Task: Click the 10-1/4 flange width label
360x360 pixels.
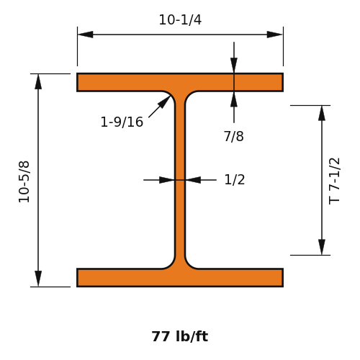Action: (180, 19)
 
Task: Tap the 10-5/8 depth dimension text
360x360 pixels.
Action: (24, 182)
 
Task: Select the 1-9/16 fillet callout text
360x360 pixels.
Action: (122, 122)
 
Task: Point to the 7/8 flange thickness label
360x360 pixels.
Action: (234, 136)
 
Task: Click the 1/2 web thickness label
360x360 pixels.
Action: (235, 179)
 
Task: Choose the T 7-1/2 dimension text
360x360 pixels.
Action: (334, 181)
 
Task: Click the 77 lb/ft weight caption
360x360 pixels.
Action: (180, 336)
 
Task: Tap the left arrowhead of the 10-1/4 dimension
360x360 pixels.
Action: (86, 35)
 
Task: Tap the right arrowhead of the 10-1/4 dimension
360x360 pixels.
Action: (275, 35)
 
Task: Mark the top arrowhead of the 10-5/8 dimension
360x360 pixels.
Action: (38, 82)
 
